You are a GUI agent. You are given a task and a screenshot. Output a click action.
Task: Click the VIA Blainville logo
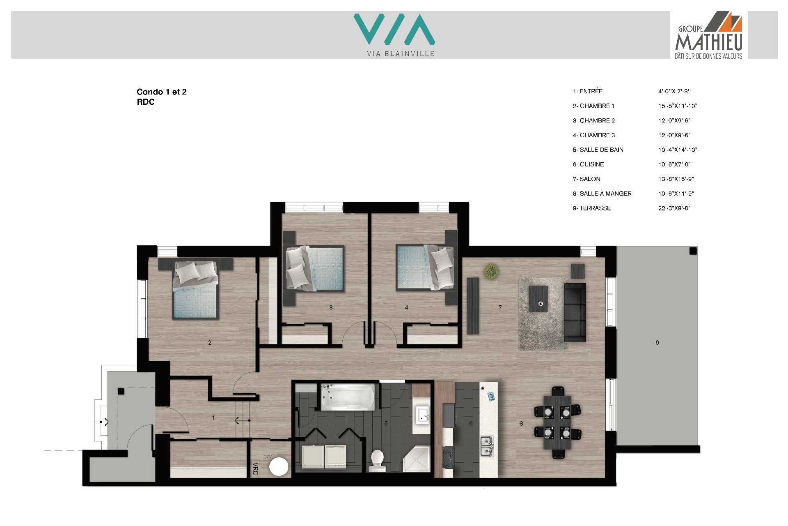pyautogui.click(x=394, y=35)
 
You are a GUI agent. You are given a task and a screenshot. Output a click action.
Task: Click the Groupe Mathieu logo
pyautogui.click(x=709, y=35)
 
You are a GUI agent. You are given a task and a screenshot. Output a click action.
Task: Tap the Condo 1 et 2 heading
pyautogui.click(x=162, y=92)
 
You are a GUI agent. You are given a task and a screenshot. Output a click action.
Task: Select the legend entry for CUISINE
pyautogui.click(x=588, y=164)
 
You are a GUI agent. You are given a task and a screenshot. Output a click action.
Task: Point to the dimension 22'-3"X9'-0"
pyautogui.click(x=674, y=208)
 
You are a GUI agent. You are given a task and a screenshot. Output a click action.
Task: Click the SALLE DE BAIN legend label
pyautogui.click(x=598, y=150)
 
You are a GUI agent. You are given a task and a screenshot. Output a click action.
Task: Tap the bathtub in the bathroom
pyautogui.click(x=348, y=397)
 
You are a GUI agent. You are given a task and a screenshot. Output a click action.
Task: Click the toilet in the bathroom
pyautogui.click(x=377, y=460)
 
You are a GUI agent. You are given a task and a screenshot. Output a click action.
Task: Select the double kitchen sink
pyautogui.click(x=487, y=447)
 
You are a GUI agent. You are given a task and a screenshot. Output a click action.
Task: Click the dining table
pyautogui.click(x=557, y=422)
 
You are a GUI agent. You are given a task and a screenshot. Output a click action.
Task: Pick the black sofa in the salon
pyautogui.click(x=575, y=312)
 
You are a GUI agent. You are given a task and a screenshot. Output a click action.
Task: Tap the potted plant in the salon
pyautogui.click(x=491, y=271)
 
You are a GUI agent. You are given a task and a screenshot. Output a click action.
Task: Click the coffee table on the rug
pyautogui.click(x=538, y=299)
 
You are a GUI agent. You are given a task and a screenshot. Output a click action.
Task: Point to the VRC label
pyautogui.click(x=255, y=468)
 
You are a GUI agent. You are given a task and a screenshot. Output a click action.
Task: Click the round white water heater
pyautogui.click(x=279, y=466)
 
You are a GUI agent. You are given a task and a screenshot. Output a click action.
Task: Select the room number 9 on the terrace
pyautogui.click(x=657, y=343)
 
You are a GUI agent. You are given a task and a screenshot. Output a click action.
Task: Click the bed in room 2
pyautogui.click(x=195, y=289)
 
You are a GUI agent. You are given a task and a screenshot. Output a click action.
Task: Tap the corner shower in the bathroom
pyautogui.click(x=416, y=458)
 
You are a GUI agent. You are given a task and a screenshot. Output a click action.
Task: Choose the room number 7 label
pyautogui.click(x=500, y=307)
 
